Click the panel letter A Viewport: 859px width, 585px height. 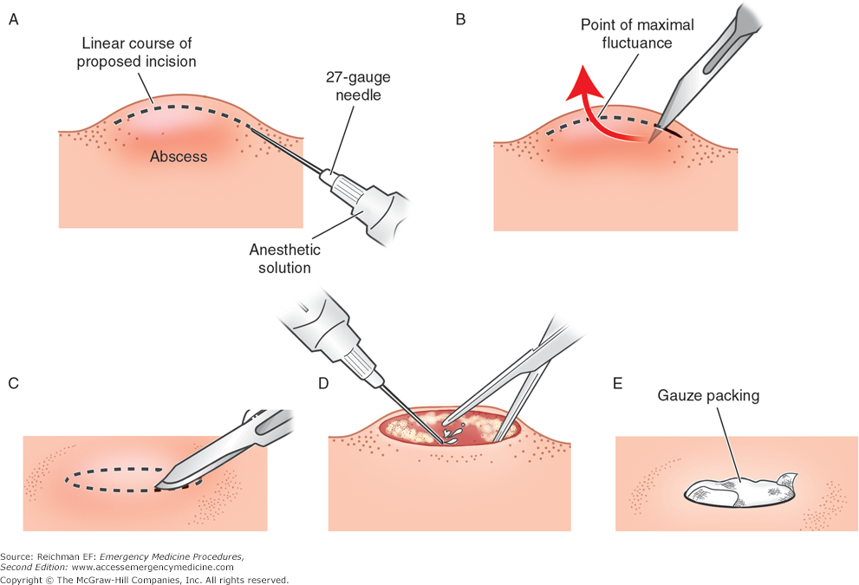[14, 20]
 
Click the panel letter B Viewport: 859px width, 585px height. [461, 20]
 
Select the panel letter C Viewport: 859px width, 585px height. [14, 383]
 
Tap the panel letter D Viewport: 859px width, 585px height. [323, 383]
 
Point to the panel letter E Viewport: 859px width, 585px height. [617, 383]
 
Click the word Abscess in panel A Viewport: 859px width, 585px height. [179, 157]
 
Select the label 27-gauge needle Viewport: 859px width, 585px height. [358, 86]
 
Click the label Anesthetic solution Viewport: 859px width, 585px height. [285, 258]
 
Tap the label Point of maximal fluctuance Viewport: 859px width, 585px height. [637, 34]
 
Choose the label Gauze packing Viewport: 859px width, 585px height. [708, 395]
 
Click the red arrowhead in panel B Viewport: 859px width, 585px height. [582, 82]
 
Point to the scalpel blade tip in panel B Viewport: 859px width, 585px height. [650, 142]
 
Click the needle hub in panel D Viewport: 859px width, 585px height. [357, 362]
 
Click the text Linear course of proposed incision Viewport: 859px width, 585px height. [136, 52]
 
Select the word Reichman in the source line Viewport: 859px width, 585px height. [55, 556]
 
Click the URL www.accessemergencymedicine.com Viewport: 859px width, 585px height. [153, 568]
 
